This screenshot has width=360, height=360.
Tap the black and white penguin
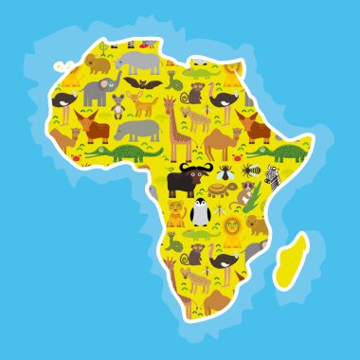[199, 213]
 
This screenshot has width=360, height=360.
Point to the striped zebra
[272, 176]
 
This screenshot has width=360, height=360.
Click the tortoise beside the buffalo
[217, 189]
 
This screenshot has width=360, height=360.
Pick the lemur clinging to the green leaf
[245, 193]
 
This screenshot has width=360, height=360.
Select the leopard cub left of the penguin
[176, 212]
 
